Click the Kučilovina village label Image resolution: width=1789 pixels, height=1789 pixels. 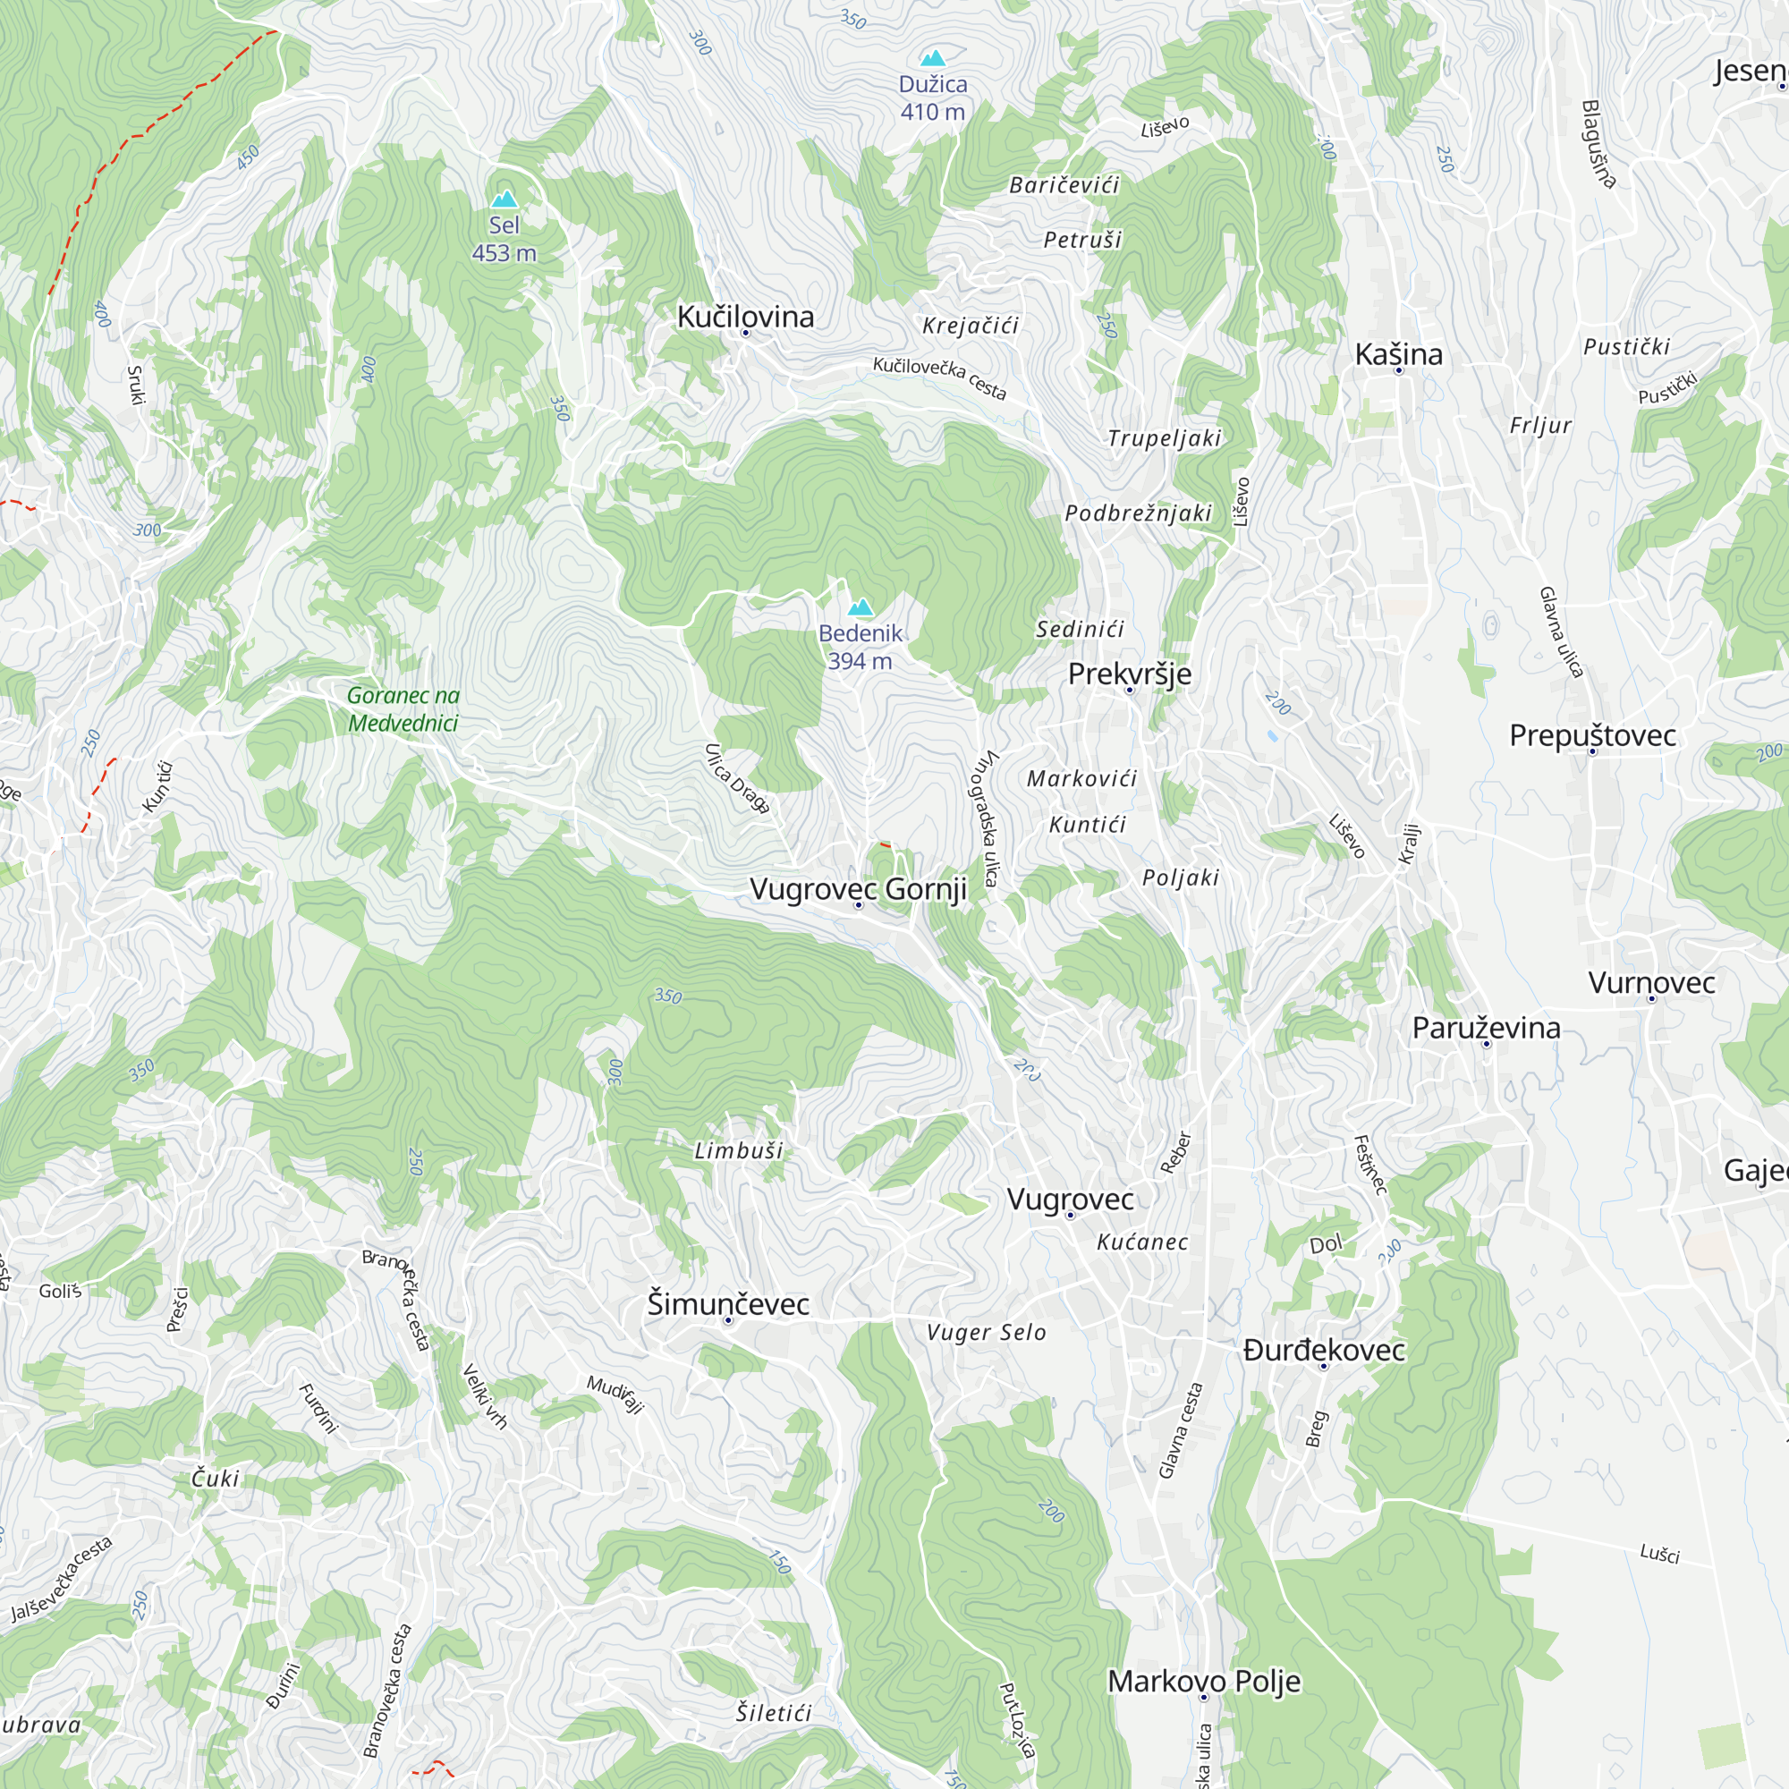745,317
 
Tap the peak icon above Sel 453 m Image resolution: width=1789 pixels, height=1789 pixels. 504,199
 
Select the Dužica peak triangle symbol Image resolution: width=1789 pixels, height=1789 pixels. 933,59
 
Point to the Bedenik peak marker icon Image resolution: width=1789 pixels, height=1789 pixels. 861,607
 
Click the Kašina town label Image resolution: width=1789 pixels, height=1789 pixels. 1398,353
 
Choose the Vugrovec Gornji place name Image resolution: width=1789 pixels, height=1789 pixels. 859,889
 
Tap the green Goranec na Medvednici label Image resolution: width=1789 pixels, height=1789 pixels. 403,708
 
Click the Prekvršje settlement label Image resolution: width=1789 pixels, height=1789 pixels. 1130,674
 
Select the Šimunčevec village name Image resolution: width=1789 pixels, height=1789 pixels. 728,1304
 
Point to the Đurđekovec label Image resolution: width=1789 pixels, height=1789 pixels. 1324,1350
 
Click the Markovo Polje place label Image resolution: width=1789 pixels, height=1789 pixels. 1204,1681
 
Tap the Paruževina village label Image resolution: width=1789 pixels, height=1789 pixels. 1486,1027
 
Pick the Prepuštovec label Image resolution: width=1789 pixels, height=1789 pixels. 1593,735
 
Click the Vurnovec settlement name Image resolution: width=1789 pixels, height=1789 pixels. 1652,982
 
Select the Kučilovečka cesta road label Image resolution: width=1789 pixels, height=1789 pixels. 939,377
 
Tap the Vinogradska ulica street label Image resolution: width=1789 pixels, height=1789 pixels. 988,818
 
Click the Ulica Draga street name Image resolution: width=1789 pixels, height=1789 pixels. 737,779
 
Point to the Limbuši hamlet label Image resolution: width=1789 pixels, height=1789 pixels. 739,1151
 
